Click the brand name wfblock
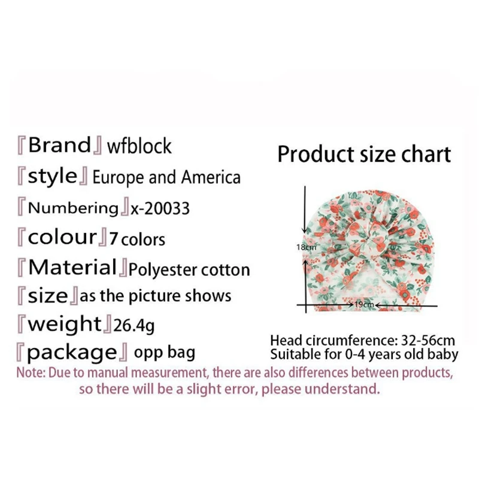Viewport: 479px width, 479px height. point(139,146)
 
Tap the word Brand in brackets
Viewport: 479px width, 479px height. point(59,145)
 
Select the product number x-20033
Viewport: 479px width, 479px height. point(160,208)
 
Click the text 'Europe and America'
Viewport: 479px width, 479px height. point(166,177)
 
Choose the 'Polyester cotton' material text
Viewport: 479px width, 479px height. point(189,269)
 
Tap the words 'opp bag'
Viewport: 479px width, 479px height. point(164,352)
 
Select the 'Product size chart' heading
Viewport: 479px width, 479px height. point(363,154)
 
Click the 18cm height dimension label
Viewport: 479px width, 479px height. point(305,247)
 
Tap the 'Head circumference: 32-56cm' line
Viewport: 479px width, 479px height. point(362,341)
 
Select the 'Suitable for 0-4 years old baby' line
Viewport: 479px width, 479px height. point(364,354)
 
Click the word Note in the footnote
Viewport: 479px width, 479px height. point(28,372)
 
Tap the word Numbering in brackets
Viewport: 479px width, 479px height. point(73,208)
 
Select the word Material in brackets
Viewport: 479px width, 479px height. point(72,267)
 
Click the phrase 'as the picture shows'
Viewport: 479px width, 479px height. point(155,296)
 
